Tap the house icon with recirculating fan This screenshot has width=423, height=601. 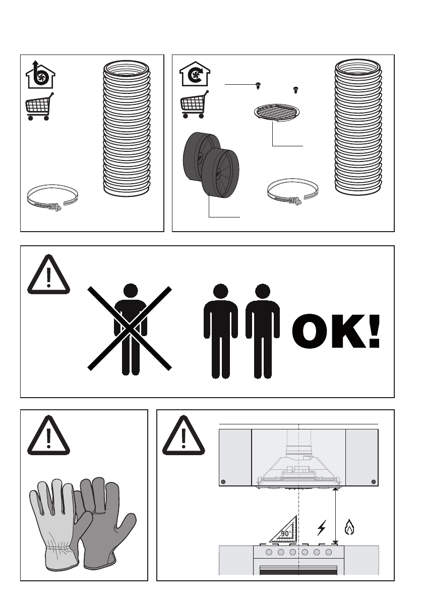195,74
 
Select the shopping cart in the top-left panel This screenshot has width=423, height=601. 39,106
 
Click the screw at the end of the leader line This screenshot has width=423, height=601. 258,86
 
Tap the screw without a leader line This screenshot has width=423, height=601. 295,90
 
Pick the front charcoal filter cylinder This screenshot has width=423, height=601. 220,173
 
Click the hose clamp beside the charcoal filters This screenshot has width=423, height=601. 293,192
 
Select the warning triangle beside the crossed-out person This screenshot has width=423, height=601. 48,275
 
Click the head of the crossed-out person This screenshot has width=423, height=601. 131,290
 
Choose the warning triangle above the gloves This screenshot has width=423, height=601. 48,435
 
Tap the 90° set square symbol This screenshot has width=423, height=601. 284,529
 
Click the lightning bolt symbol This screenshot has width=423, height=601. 322,527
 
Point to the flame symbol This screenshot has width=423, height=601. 349,527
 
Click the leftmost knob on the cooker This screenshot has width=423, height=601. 269,553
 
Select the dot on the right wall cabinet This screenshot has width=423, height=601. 374,482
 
